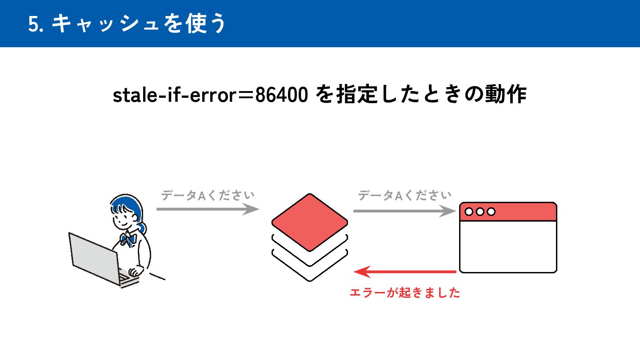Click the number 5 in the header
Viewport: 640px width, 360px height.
32,24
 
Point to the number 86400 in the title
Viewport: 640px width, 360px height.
281,96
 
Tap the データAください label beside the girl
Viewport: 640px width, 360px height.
208,196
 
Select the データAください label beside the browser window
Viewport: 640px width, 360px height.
404,195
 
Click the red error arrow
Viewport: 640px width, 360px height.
404,271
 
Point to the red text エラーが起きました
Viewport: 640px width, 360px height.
404,293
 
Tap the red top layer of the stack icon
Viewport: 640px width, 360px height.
310,222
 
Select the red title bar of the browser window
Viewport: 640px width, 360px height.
524,212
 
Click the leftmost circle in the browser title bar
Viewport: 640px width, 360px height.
469,212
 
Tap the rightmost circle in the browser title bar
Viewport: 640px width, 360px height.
491,212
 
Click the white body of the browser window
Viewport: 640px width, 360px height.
508,246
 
